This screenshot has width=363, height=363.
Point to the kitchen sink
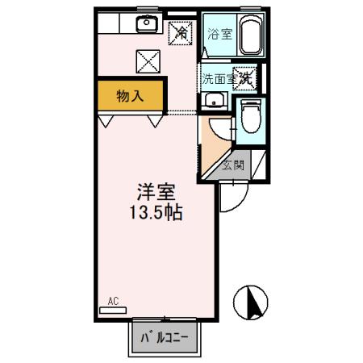pos(146,23)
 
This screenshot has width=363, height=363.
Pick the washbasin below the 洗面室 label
pos(213,101)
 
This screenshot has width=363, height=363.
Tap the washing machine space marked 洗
pos(244,77)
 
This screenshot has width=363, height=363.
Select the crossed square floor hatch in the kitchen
pos(148,59)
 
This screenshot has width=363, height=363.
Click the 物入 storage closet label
pos(130,96)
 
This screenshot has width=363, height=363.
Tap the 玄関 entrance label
pos(233,166)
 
